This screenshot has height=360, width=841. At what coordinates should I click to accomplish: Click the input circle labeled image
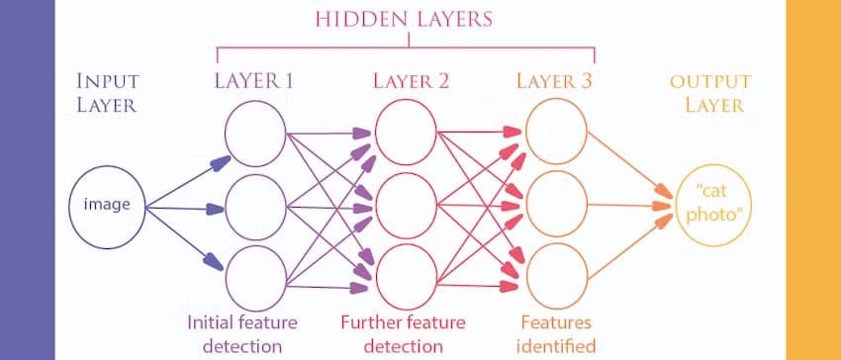105,206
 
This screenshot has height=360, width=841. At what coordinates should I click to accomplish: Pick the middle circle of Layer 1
254,207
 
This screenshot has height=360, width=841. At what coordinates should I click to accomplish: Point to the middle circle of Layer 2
405,207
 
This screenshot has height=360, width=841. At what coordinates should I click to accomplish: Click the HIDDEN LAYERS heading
407,20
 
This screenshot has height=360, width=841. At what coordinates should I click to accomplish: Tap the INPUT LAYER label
106,93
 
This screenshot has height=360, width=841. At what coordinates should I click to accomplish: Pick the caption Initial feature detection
243,333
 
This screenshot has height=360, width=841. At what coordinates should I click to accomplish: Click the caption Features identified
556,333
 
